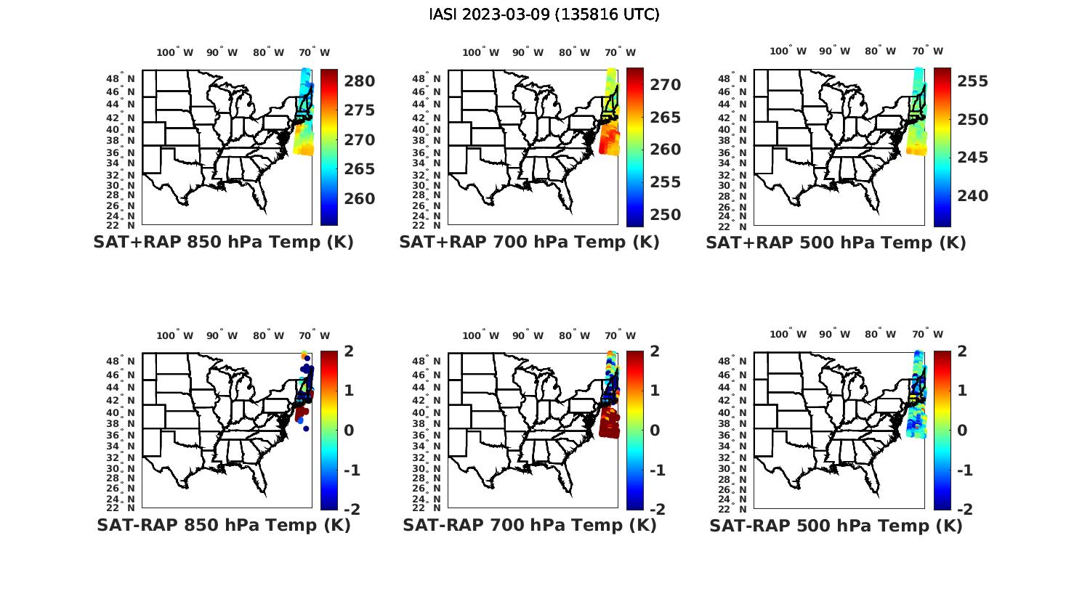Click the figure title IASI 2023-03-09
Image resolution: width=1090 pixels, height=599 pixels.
click(544, 15)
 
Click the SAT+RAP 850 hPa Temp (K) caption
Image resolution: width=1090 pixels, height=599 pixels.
click(223, 243)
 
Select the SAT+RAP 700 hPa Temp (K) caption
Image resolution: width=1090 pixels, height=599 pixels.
click(529, 243)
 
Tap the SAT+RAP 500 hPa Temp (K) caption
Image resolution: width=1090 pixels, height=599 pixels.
click(836, 243)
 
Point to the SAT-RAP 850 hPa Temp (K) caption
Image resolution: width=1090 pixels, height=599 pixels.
click(223, 525)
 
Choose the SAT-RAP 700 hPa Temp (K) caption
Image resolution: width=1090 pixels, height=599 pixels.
click(529, 525)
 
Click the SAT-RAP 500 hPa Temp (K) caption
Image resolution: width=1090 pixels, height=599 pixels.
click(836, 525)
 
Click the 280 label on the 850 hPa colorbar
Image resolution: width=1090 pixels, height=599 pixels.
click(359, 81)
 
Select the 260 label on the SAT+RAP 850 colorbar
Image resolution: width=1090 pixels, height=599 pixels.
click(359, 199)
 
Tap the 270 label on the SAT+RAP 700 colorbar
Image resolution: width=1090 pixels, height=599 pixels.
click(665, 85)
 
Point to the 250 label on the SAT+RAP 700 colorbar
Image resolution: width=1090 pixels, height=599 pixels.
click(665, 215)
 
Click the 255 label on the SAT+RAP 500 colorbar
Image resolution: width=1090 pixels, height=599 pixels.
click(972, 81)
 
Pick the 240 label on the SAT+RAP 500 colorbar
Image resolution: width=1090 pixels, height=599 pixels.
click(972, 196)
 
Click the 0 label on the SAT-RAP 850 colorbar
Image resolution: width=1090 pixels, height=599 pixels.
click(349, 431)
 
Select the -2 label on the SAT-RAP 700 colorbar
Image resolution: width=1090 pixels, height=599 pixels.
click(656, 510)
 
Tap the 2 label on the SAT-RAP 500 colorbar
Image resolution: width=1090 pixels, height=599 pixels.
click(962, 351)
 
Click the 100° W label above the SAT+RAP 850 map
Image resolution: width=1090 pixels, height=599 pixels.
click(175, 52)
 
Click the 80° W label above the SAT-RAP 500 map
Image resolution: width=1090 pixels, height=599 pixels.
click(875, 335)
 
